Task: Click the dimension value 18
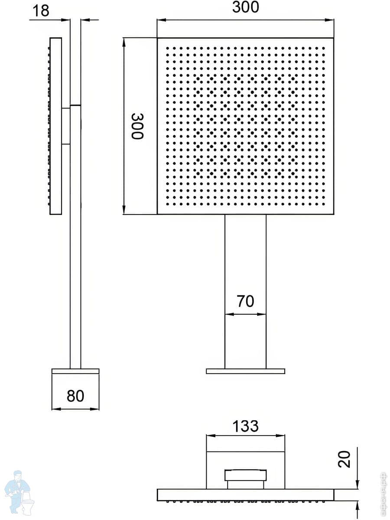[41, 10]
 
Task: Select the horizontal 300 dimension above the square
[245, 8]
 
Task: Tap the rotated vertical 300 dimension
[136, 126]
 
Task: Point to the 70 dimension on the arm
[245, 301]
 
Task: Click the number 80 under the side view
[75, 395]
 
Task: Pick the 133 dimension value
[245, 426]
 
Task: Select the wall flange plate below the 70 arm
[245, 371]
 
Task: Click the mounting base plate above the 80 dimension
[75, 371]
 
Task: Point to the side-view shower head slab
[56, 126]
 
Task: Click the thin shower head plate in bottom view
[245, 495]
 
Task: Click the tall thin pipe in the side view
[75, 260]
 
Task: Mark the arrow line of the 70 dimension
[245, 314]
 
